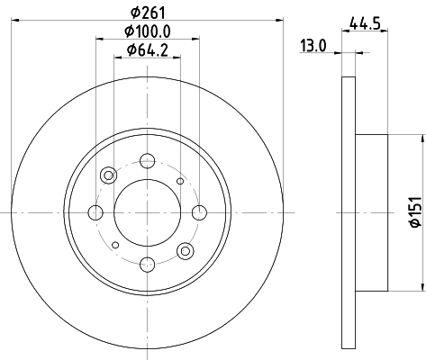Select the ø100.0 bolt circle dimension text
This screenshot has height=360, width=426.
[x=146, y=33]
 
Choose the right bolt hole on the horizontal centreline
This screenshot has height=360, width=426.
[x=196, y=212]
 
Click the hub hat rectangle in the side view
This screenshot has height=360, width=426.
[x=372, y=212]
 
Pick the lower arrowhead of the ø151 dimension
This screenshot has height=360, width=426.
[x=421, y=285]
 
